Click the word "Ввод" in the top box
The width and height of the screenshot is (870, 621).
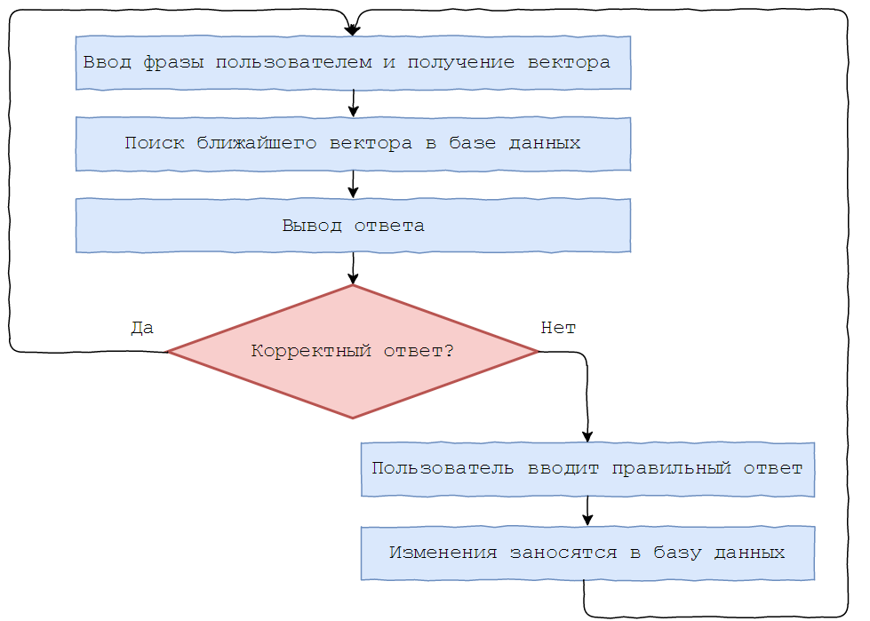108,62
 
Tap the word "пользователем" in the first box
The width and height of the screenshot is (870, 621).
293,62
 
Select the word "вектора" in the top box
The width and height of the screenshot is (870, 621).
569,62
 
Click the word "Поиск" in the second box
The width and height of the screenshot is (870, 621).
155,143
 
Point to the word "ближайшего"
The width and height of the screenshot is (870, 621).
256,143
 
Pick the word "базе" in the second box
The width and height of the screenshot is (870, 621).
472,143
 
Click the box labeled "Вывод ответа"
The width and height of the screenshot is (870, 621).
353,225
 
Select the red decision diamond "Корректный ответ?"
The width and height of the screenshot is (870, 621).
353,351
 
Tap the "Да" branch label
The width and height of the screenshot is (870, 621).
142,328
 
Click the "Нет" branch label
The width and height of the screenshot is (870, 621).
558,328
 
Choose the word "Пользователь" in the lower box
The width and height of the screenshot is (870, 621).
443,468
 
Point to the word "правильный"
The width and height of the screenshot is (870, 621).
671,468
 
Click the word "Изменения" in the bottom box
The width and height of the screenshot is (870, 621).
443,553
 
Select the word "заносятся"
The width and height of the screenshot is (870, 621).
563,553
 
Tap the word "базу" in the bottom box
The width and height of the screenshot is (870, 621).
677,553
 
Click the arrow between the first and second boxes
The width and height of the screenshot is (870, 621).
353,103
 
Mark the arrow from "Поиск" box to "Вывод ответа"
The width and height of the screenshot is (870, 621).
353,184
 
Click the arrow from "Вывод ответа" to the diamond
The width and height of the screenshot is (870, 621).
353,268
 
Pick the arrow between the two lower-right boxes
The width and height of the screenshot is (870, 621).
587,511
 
